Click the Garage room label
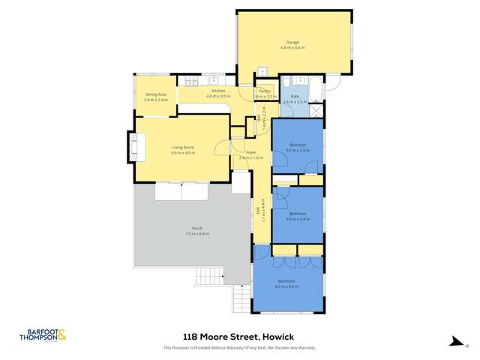click(x=292, y=42)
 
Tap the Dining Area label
click(x=155, y=94)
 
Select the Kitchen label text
click(x=218, y=91)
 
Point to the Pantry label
click(x=266, y=91)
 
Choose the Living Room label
click(x=183, y=147)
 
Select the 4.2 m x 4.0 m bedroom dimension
click(x=287, y=286)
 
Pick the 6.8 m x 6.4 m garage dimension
click(x=292, y=48)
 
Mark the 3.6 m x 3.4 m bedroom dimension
click(x=298, y=219)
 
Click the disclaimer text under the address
click(x=239, y=347)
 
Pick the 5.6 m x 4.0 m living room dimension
click(x=183, y=153)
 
